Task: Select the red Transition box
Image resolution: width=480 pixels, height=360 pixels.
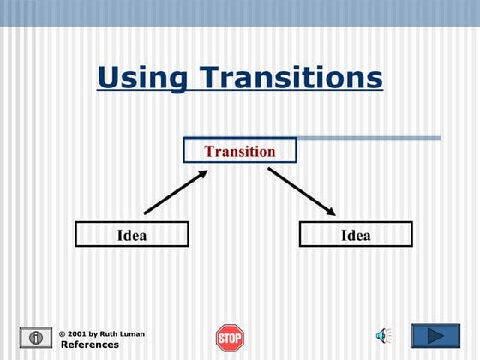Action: pyautogui.click(x=240, y=151)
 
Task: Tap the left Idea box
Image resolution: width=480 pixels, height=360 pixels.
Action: pyautogui.click(x=131, y=235)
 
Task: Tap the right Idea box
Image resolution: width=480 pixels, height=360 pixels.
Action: pyautogui.click(x=356, y=235)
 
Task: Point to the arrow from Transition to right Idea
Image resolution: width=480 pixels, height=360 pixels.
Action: pyautogui.click(x=301, y=191)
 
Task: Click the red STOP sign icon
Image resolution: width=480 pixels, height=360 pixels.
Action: pyautogui.click(x=230, y=337)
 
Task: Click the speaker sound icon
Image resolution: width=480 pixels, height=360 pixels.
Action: pyautogui.click(x=383, y=335)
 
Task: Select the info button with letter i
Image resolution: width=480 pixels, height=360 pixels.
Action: pyautogui.click(x=36, y=337)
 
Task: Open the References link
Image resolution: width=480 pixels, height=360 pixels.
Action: pyautogui.click(x=89, y=345)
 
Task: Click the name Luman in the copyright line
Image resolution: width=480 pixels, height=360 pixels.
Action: pyautogui.click(x=121, y=333)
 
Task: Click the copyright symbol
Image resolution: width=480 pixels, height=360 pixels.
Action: pyautogui.click(x=63, y=333)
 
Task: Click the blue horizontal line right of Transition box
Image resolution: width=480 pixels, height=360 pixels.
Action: pyautogui.click(x=369, y=138)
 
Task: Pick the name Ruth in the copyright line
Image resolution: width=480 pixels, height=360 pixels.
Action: pyautogui.click(x=103, y=333)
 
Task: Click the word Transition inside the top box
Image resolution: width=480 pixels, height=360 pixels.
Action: pyautogui.click(x=240, y=152)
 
